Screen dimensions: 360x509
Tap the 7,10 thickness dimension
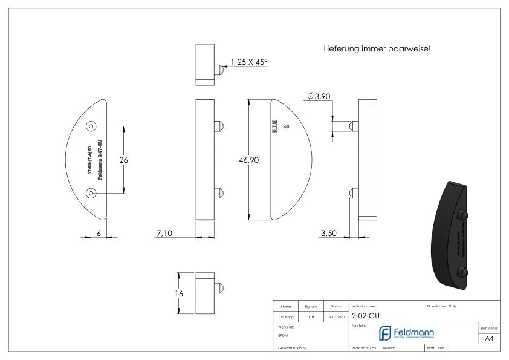point(164,234)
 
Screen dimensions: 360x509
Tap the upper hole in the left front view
point(91,126)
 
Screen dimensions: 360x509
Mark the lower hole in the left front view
point(91,193)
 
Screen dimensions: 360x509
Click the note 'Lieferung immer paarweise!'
point(377,48)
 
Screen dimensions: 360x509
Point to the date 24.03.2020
point(336,316)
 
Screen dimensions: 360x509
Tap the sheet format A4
point(490,339)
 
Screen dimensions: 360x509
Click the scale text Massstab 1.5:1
point(365,349)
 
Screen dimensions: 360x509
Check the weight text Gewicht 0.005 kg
point(293,349)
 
